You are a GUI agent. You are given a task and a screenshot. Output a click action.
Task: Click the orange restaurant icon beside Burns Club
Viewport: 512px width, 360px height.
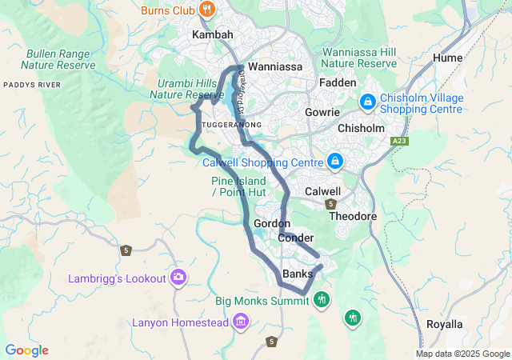point(207,10)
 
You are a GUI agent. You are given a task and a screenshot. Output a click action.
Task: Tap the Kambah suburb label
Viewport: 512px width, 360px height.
point(212,35)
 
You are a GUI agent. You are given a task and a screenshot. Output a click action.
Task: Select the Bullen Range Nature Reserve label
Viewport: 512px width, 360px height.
point(58,59)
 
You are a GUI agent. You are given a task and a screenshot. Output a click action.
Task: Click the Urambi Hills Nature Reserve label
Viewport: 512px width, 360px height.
point(186,89)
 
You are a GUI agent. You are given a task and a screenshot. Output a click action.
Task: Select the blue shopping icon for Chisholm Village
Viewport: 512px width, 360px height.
point(367,102)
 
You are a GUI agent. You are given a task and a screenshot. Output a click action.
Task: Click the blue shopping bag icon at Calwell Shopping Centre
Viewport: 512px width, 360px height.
point(335,161)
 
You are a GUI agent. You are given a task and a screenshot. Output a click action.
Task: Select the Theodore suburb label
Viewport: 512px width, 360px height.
point(353,217)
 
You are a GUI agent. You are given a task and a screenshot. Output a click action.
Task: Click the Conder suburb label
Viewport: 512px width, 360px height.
point(296,238)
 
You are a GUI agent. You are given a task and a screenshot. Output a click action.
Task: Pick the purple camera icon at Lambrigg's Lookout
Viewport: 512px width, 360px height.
point(178,278)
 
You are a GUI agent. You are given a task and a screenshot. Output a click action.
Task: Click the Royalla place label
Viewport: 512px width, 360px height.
point(445,324)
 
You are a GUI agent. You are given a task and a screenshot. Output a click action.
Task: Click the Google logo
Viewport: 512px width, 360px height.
point(26,350)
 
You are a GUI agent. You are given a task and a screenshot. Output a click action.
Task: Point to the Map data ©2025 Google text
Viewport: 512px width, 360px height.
point(463,354)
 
